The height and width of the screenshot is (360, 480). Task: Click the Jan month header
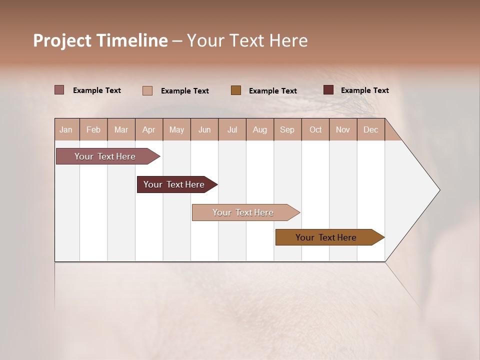66,129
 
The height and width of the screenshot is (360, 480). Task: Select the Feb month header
93,129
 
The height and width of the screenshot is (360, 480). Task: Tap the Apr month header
148,129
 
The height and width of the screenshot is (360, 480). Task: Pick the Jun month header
204,129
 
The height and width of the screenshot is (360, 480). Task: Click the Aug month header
259,129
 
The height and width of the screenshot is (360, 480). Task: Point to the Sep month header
287,129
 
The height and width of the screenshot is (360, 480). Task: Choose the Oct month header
315,129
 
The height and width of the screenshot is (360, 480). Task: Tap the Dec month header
370,129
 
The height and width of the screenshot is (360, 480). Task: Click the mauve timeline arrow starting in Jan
105,156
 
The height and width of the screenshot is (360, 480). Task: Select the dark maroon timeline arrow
174,184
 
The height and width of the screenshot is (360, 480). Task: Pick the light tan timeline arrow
243,212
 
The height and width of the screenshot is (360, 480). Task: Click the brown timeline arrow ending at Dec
326,237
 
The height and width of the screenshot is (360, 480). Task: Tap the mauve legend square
59,90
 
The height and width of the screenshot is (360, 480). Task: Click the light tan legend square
147,90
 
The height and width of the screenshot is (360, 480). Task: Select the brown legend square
236,90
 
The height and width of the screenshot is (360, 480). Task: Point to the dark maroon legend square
328,90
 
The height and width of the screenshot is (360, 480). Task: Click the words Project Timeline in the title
100,40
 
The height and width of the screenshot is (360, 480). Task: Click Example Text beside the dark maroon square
364,90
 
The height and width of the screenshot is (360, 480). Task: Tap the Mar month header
121,129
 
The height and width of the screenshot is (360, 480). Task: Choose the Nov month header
343,129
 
